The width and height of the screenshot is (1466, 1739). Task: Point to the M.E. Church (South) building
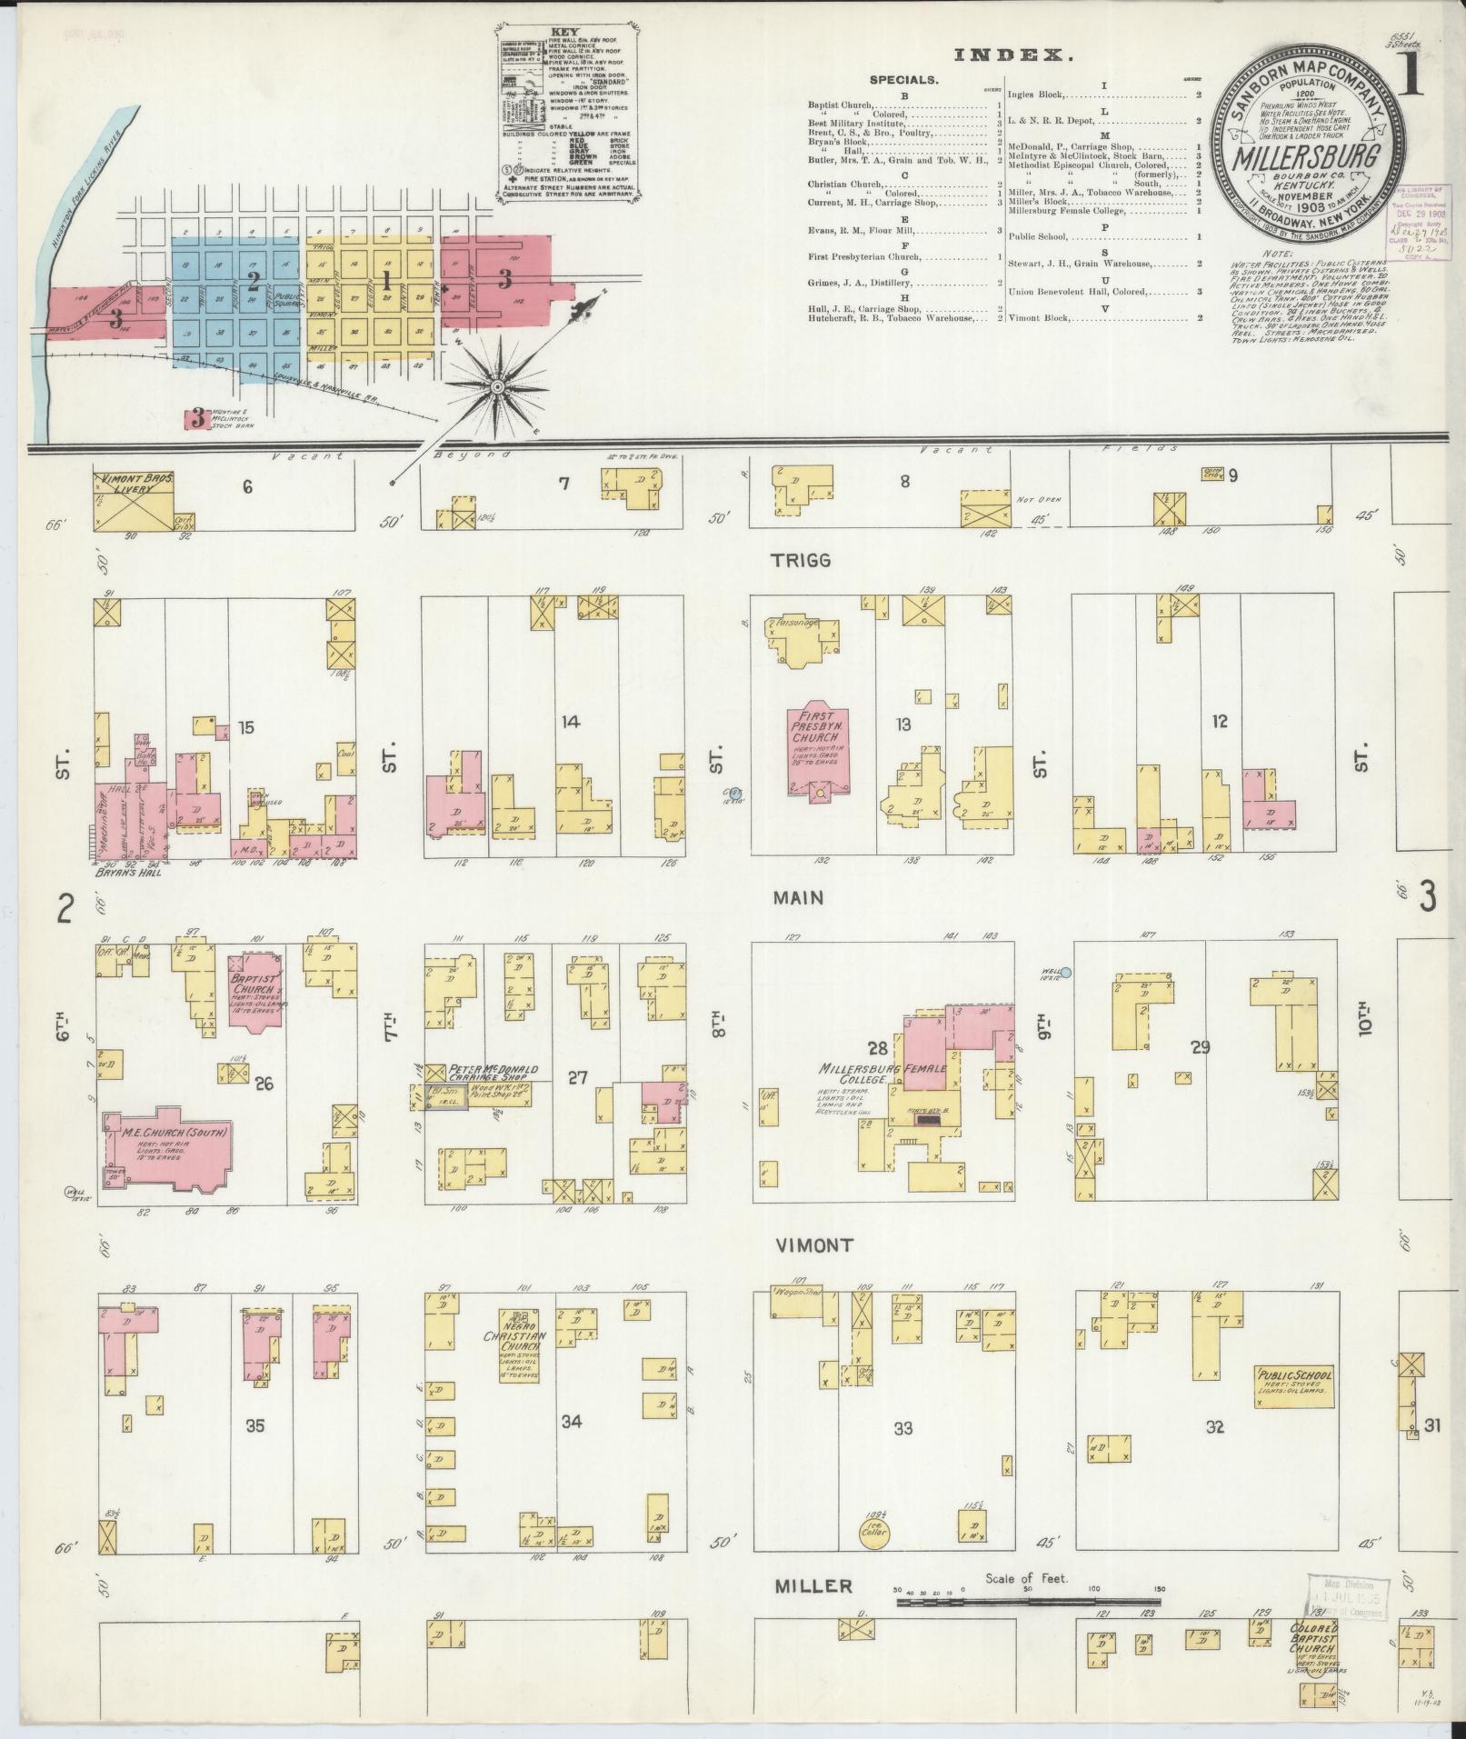click(x=171, y=1148)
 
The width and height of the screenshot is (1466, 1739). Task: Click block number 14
click(x=570, y=722)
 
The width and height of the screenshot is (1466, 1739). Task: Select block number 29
click(x=1200, y=1047)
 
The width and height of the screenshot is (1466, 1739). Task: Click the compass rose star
click(x=496, y=388)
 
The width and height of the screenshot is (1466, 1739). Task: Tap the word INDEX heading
click(x=1012, y=55)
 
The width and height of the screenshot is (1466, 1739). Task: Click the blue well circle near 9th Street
click(x=1066, y=973)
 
